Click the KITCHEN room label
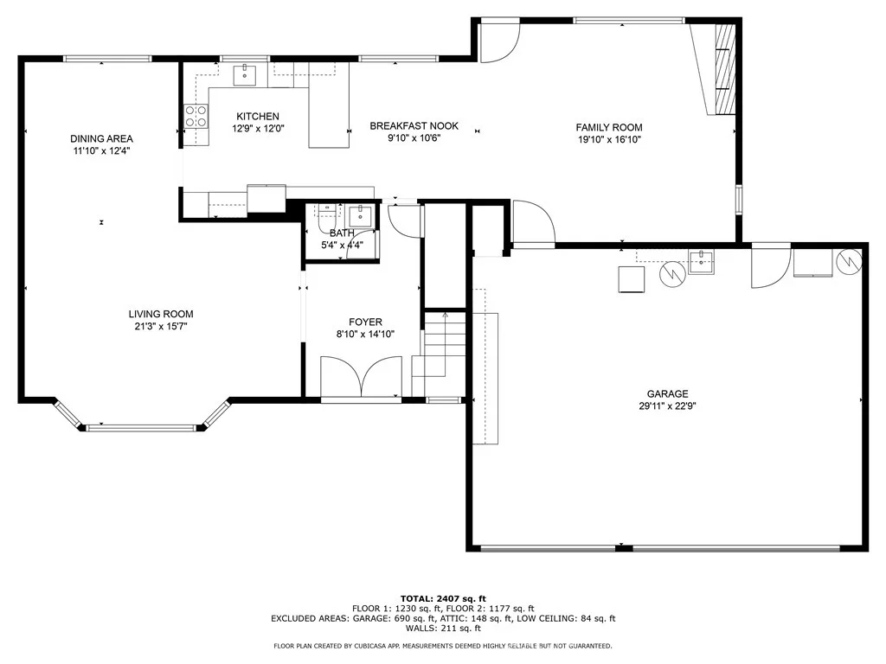(258, 117)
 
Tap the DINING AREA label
(102, 138)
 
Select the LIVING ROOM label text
(161, 314)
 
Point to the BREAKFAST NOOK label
(414, 126)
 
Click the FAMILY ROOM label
(609, 128)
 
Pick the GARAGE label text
(667, 393)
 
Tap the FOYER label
(365, 322)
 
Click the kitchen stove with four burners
(196, 117)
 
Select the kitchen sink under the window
(245, 75)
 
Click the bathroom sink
(360, 215)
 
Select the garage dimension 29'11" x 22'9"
(667, 406)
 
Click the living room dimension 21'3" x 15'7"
(161, 326)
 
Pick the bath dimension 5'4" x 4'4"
(342, 245)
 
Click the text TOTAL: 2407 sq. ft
(443, 598)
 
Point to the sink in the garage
(701, 262)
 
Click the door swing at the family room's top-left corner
(500, 42)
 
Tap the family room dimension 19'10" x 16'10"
(609, 139)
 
